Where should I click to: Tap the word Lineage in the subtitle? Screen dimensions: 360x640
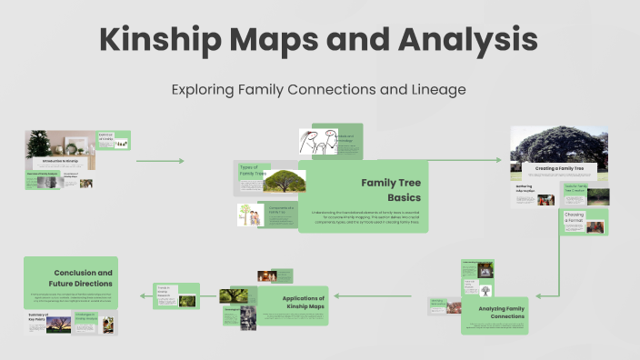click(441, 90)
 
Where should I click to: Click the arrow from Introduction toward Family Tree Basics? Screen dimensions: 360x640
click(160, 161)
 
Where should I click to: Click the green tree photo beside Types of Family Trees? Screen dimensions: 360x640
click(284, 181)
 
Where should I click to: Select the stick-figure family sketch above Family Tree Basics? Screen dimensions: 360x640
click(317, 143)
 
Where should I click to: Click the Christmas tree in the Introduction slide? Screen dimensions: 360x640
click(38, 144)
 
